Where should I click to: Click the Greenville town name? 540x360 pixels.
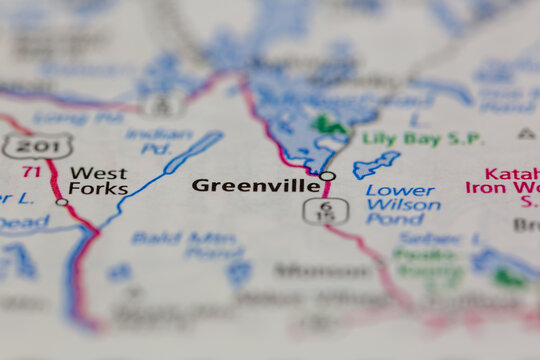click(x=256, y=185)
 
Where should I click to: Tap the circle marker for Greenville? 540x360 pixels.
click(x=327, y=177)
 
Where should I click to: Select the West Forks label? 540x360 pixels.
click(x=98, y=181)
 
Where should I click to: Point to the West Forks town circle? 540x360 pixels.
click(x=62, y=202)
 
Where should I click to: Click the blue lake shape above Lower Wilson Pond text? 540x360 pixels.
click(x=375, y=163)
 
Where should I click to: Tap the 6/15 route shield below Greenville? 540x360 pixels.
click(x=314, y=210)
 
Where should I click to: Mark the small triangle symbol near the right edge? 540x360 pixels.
click(x=526, y=133)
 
